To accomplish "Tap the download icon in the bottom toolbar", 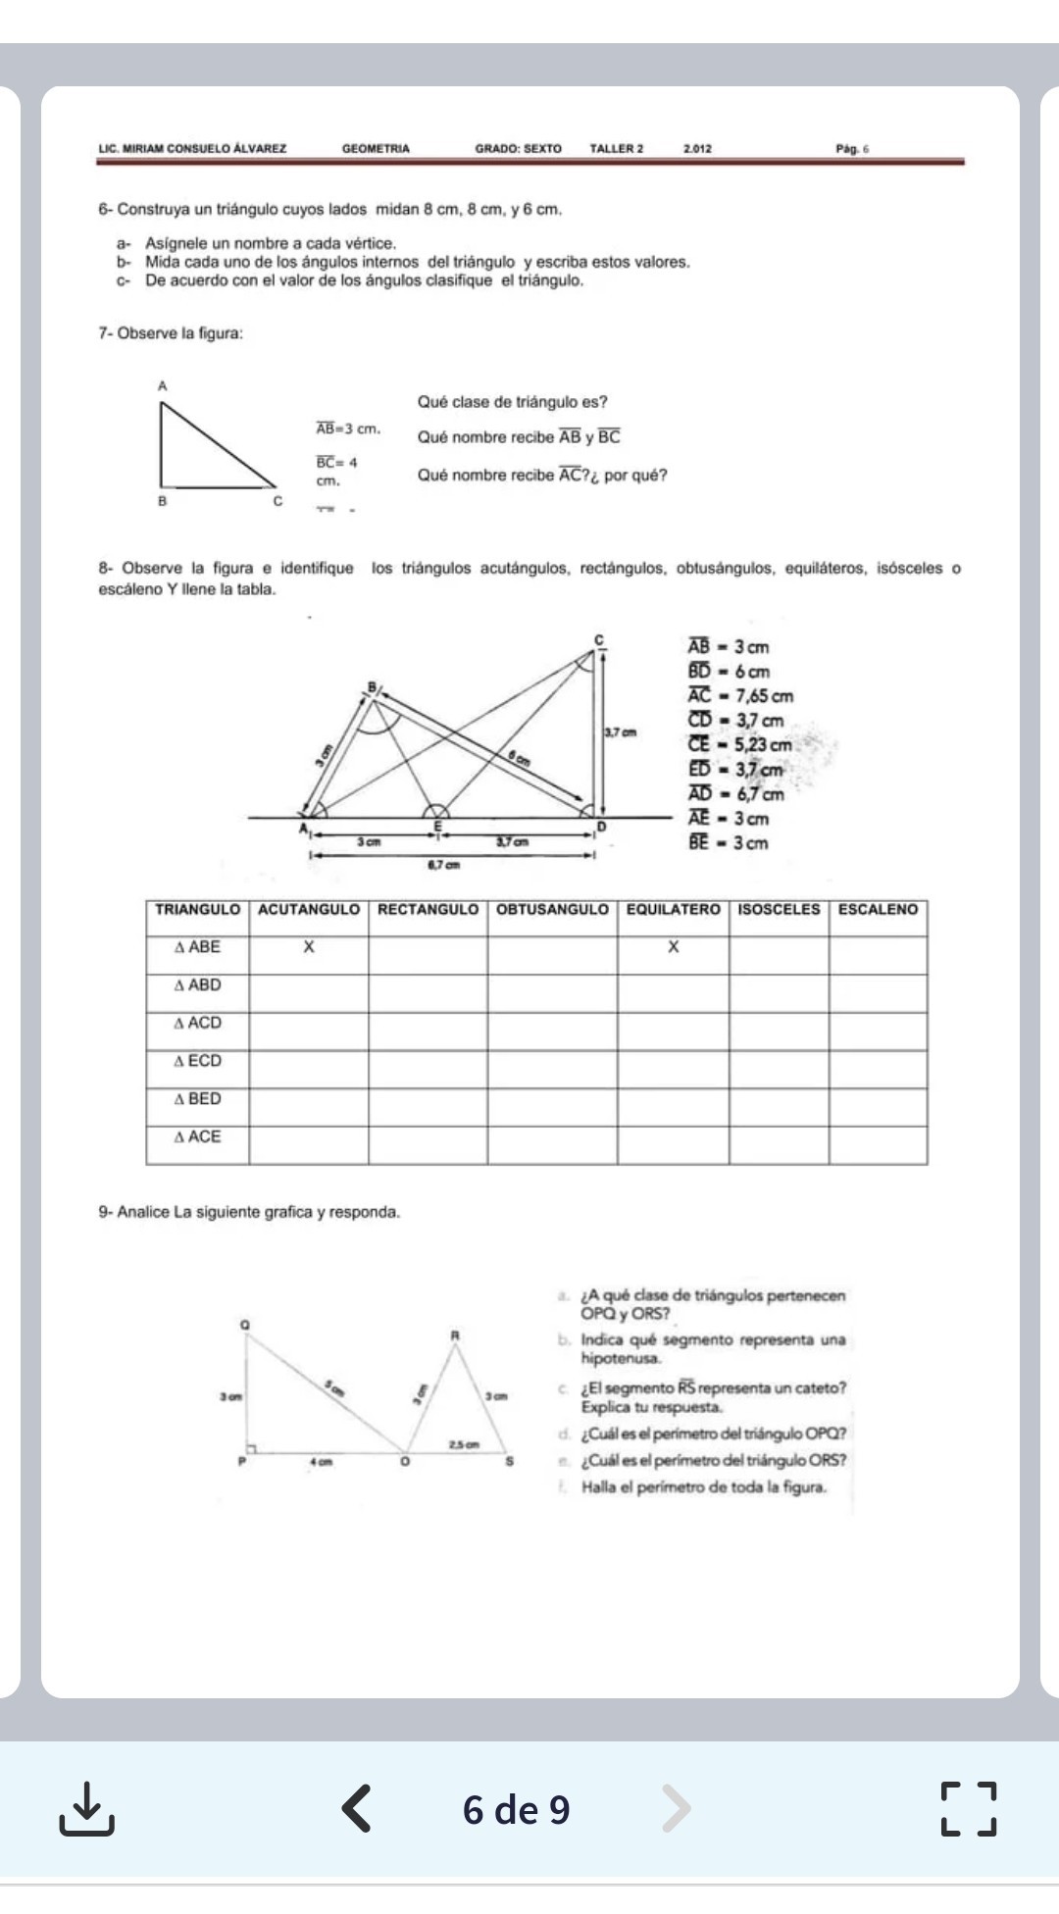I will [86, 1809].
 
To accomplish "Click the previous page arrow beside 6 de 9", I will [357, 1809].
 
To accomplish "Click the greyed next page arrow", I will [676, 1809].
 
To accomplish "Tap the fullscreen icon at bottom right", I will [969, 1809].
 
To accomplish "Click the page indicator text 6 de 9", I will [516, 1809].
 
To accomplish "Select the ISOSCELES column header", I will [779, 910].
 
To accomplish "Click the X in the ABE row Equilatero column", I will [673, 947].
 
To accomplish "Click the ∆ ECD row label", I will [197, 1061].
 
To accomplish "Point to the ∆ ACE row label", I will [197, 1137].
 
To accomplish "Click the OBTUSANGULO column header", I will [552, 910].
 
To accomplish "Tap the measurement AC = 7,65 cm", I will [740, 696].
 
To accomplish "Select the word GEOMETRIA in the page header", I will [376, 149].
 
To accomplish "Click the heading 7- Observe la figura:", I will [171, 333].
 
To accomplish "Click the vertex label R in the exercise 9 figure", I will [455, 1335].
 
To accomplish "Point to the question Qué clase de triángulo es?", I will [512, 402].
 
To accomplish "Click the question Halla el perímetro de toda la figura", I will [703, 1487].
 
